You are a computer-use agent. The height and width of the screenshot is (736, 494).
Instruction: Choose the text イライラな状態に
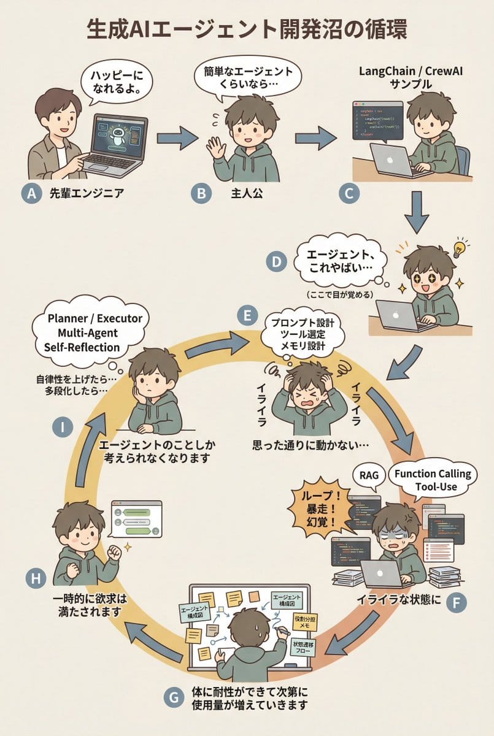coord(399,599)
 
